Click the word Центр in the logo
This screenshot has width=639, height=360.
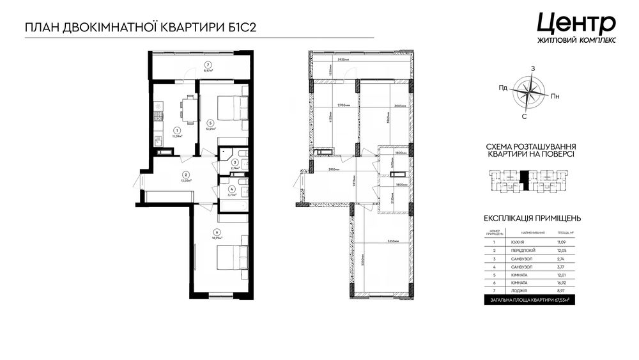[576, 22]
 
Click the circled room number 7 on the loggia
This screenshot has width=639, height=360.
[208, 65]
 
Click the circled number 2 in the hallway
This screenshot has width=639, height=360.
[185, 175]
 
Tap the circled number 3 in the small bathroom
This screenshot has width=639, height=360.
[235, 162]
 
